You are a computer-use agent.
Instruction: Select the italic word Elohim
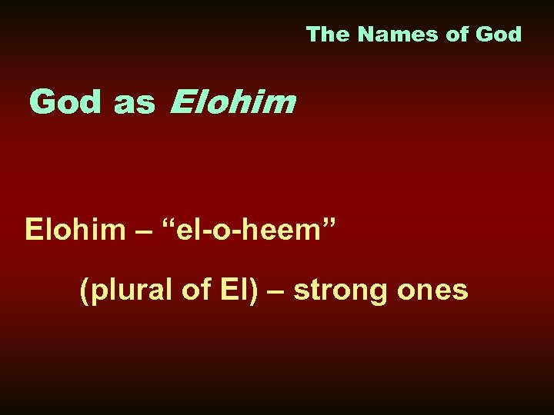tap(232, 101)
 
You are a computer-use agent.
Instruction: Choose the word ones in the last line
tap(436, 290)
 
